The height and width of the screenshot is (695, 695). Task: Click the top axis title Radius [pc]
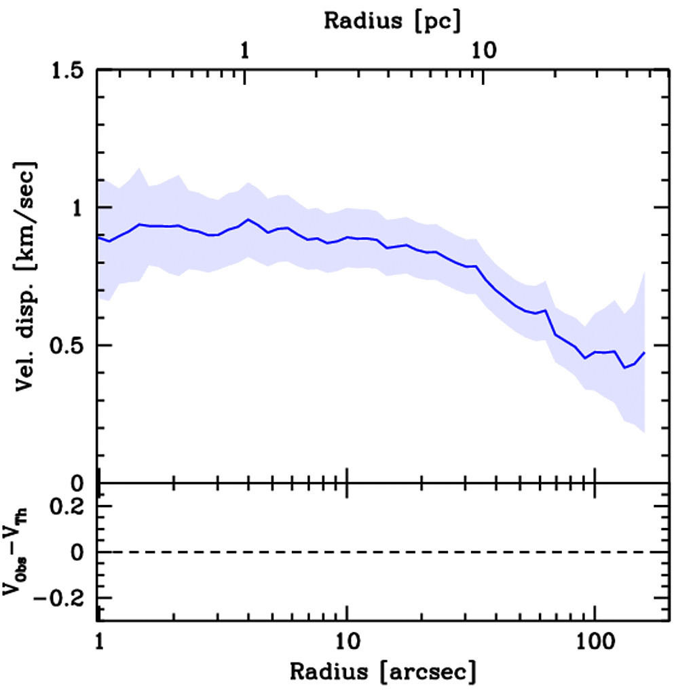click(x=392, y=20)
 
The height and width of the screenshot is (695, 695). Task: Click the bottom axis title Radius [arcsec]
click(x=383, y=672)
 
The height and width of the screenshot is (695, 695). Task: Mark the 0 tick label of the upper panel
click(x=83, y=483)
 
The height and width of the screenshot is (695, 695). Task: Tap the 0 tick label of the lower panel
click(x=83, y=552)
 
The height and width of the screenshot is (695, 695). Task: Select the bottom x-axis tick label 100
click(x=595, y=640)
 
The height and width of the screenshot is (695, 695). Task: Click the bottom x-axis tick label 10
click(x=347, y=640)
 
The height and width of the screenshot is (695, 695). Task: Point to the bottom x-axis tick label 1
click(x=99, y=640)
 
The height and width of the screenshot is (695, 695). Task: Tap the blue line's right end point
click(x=644, y=353)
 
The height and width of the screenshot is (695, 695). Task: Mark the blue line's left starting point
click(x=98, y=238)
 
